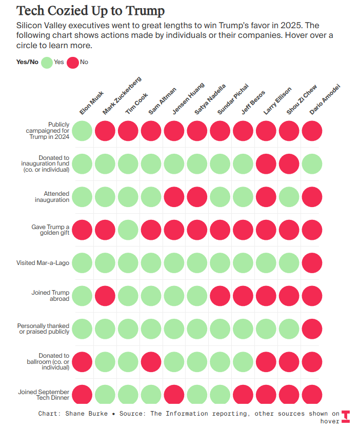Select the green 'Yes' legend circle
coord(47,63)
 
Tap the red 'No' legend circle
coord(73,63)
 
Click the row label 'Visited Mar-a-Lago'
coord(43,263)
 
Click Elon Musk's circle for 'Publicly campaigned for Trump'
coord(82,131)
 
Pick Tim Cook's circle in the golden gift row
coord(128,230)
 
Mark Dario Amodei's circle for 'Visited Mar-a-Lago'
coord(312,263)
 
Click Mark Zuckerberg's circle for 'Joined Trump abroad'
coord(105,296)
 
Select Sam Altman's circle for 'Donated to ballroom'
coord(151,361)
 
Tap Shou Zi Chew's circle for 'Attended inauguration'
coord(289,197)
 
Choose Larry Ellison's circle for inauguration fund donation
coord(266,164)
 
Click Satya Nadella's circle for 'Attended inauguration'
coord(197,197)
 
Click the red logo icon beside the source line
coord(346,417)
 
